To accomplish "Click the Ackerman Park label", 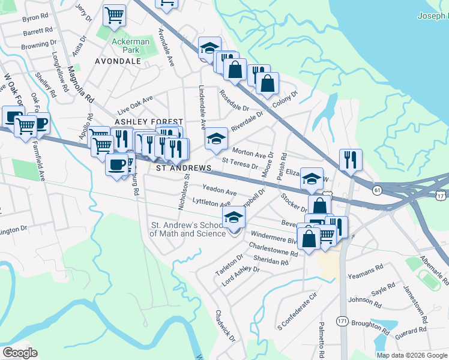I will tap(126, 46).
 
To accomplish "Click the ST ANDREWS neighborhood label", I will tap(184, 169).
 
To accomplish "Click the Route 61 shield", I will tap(376, 190).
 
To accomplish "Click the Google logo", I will tap(20, 352).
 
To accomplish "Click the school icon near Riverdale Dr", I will tap(216, 139).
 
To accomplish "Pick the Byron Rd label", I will tap(34, 19).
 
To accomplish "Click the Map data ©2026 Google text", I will tap(412, 355).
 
